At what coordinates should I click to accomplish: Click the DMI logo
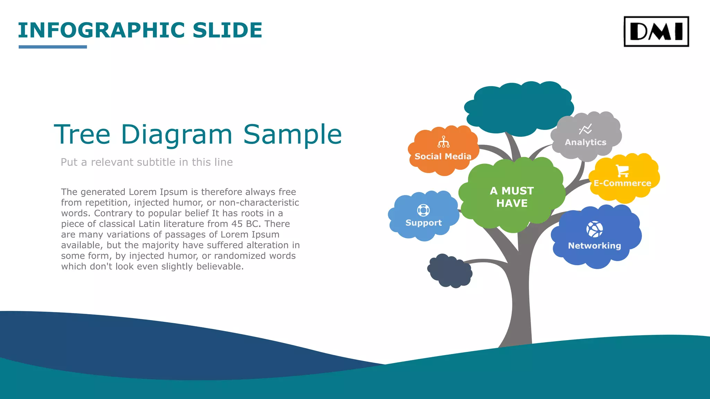656,31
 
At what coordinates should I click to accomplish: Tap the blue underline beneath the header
53,47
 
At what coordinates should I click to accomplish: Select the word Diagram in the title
176,134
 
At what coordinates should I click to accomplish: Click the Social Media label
443,157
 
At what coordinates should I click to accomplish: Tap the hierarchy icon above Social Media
443,142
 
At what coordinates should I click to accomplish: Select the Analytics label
586,142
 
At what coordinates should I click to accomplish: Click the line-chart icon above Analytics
586,129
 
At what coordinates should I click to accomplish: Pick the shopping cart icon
622,170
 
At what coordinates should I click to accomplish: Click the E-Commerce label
622,183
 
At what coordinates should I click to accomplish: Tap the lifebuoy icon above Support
423,210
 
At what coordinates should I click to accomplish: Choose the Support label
424,223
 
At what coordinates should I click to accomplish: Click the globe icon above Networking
595,229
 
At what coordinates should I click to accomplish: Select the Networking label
595,246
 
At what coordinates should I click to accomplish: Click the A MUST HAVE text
512,197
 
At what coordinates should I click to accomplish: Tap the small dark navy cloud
450,271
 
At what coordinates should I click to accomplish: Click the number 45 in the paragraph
237,224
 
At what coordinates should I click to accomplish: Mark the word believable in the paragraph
219,266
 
